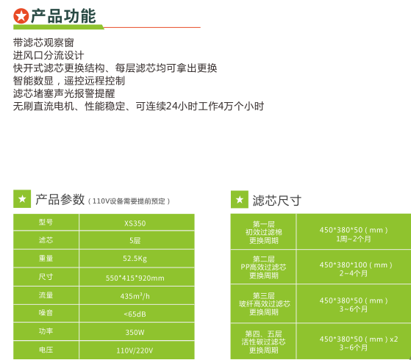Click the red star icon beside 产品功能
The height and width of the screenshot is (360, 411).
pos(21,15)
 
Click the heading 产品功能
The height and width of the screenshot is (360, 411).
pos(63,16)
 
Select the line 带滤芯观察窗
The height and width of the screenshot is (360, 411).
pos(43,43)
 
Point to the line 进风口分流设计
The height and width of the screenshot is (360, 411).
pos(49,55)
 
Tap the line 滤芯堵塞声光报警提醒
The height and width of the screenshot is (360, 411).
pos(64,93)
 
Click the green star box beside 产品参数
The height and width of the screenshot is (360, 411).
pos(22,199)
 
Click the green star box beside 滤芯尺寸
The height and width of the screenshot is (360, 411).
pos(240,199)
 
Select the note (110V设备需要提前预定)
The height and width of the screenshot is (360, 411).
pos(129,201)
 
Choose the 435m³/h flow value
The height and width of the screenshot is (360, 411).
pos(135,296)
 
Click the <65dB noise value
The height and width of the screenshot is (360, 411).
pos(135,314)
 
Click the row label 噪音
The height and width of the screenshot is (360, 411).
pos(46,313)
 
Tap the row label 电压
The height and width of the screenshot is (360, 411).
pos(46,350)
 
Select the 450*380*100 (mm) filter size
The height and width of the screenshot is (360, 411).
pos(356,265)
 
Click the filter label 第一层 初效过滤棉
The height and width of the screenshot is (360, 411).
pos(264,228)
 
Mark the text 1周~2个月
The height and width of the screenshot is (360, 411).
pos(354,239)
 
